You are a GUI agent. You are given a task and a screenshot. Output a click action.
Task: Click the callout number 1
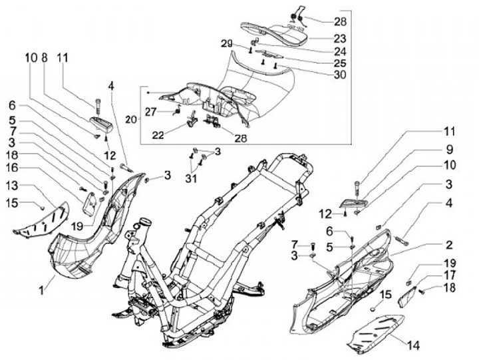coord(41,289)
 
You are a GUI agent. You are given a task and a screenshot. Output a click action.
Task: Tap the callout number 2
coord(448,245)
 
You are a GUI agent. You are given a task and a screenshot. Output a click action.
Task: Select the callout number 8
coord(45,57)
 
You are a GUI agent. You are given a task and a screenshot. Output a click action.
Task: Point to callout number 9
coord(449,150)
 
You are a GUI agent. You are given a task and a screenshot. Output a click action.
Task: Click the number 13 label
coord(13,186)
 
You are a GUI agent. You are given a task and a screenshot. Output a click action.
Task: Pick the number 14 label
coord(413,345)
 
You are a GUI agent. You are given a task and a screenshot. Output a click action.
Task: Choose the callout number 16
coord(13,168)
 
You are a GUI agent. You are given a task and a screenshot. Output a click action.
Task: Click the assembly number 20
coord(131,119)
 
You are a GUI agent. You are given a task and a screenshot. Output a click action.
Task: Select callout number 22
coord(158,135)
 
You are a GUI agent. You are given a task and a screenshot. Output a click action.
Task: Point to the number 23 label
coord(339,39)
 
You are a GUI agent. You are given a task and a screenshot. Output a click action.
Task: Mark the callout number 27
coord(151,112)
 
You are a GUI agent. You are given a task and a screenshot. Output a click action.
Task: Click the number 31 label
coord(192,178)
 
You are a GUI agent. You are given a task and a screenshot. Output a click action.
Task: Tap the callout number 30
coord(340,75)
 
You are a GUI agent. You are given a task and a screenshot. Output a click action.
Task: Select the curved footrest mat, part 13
coord(41,218)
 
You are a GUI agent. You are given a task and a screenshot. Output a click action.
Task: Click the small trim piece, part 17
coord(408,296)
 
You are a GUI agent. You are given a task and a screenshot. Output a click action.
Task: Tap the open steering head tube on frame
coord(146,221)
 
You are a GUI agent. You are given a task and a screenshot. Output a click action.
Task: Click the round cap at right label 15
coord(374,309)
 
